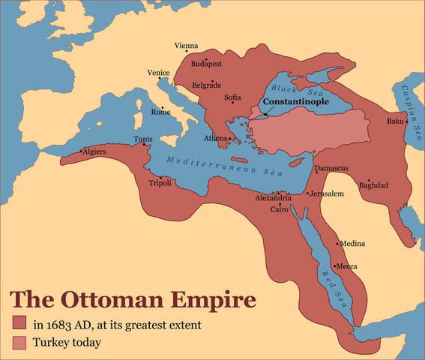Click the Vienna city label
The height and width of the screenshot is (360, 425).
(x=186, y=46)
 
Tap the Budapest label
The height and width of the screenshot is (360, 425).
(x=206, y=64)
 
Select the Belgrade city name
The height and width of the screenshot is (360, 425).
(x=206, y=85)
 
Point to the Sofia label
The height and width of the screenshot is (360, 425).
(x=232, y=97)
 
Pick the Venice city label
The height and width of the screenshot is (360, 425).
(x=158, y=73)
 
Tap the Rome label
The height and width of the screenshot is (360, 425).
(x=161, y=112)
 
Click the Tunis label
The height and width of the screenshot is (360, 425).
(x=142, y=139)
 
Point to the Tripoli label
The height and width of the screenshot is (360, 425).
(x=160, y=184)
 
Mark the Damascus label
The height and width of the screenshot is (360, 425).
(x=331, y=169)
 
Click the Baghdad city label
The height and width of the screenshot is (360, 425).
(x=373, y=185)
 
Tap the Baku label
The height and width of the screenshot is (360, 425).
(x=395, y=121)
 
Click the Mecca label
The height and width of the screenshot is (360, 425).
(x=346, y=266)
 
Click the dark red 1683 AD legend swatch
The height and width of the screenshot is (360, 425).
(x=19, y=325)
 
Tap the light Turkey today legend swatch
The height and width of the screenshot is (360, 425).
(x=19, y=343)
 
